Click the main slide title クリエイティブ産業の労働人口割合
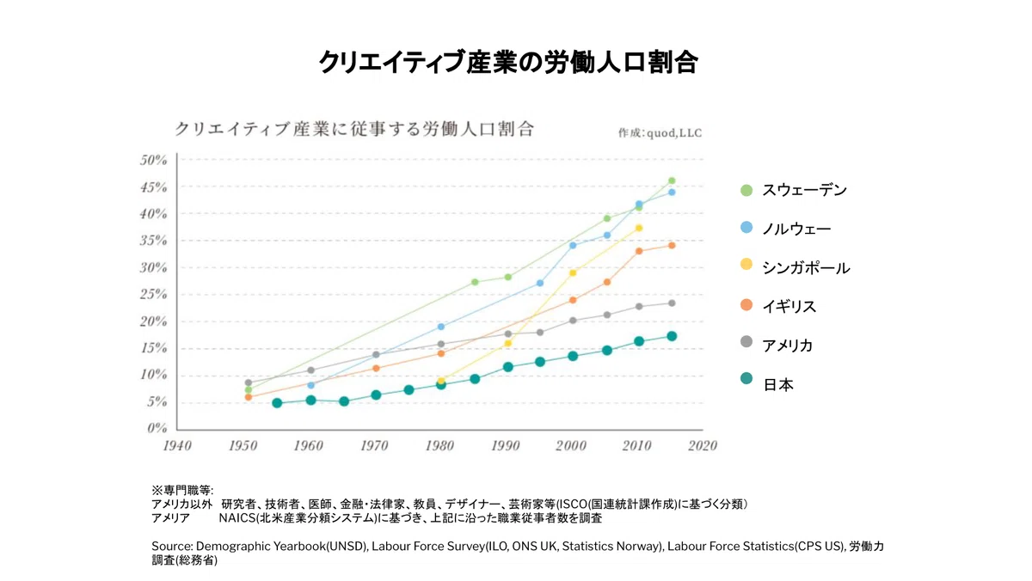coord(508,62)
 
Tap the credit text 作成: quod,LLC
coord(660,133)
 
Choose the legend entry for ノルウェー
coord(785,229)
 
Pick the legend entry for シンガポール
coord(795,267)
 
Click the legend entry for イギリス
coord(777,306)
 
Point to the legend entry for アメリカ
coord(777,345)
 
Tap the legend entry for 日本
coord(766,383)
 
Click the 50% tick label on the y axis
coord(153,160)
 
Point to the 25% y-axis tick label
coord(153,294)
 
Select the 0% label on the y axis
coord(157,428)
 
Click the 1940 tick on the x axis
coord(177,446)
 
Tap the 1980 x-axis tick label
coord(440,446)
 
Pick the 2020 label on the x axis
coord(703,446)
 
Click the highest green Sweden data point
coord(672,181)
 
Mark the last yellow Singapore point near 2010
coord(639,228)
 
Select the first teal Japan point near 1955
coord(277,403)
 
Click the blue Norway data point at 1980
coord(441,327)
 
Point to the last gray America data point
coord(672,303)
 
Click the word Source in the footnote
coord(172,547)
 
